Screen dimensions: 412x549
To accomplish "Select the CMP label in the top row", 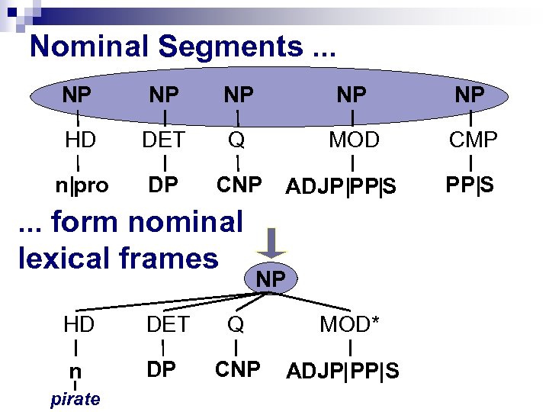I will point(473,140).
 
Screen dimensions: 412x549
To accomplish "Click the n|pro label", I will point(81,185).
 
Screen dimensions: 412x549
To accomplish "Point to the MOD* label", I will point(349,324).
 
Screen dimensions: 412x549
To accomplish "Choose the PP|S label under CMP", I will point(470,184).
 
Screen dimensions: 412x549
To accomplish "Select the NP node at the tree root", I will point(271,279).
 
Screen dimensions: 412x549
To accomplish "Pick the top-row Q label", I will point(237,140).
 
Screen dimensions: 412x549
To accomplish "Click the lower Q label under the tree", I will point(236,324).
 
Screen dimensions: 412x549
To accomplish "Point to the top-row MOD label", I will point(354,140).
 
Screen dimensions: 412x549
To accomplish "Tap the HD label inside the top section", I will point(79,140).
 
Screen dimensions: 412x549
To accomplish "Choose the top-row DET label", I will point(164,140).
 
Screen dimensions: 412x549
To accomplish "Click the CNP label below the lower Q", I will point(239,369).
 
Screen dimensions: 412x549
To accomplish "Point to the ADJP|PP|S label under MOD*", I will point(342,371).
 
